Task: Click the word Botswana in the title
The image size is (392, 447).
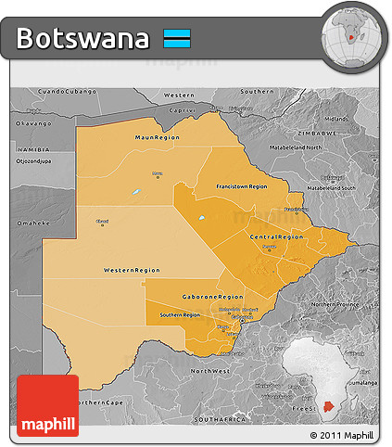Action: pos(82,39)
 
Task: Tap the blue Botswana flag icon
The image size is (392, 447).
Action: pos(177,39)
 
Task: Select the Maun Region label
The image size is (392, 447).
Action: pos(156,137)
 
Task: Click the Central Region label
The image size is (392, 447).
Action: pos(276,237)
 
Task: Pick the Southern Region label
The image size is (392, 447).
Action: pos(180,314)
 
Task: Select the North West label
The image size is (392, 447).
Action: pos(209,370)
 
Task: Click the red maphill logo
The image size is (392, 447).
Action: pos(47,405)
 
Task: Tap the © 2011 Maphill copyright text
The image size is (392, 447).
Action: pos(342,434)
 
